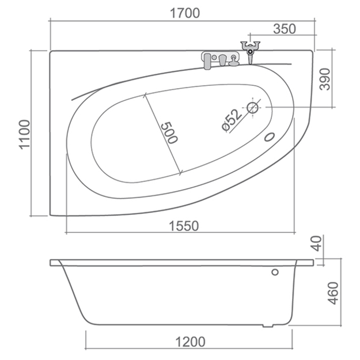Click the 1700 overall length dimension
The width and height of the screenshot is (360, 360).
(184, 13)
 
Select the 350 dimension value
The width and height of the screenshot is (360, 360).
(285, 29)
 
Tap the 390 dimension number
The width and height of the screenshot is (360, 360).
(325, 79)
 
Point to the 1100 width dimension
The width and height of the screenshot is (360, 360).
(24, 135)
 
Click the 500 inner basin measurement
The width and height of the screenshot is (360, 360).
(169, 133)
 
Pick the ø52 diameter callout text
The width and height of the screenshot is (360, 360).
(232, 120)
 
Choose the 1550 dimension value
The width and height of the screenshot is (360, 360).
(184, 226)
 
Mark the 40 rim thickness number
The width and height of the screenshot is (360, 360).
(317, 244)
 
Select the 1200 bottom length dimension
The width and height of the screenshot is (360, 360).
(190, 342)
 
